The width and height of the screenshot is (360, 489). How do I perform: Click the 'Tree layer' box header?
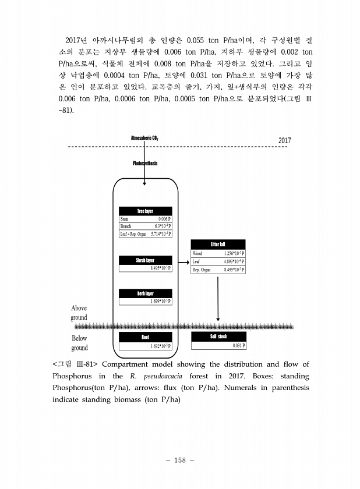pyautogui.click(x=145, y=211)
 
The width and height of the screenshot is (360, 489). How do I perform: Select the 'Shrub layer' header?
pyautogui.click(x=145, y=260)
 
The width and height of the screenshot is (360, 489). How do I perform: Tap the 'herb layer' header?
pyautogui.click(x=145, y=293)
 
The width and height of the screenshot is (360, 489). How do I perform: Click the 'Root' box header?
pyautogui.click(x=145, y=337)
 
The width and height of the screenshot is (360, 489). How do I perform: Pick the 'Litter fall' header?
pyautogui.click(x=218, y=244)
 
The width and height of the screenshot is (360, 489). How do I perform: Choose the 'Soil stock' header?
pyautogui.click(x=218, y=337)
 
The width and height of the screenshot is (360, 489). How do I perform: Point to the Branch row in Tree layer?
pyautogui.click(x=145, y=226)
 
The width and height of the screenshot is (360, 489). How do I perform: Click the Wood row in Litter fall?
pyautogui.click(x=218, y=253)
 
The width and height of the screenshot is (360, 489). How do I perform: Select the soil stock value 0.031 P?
pyautogui.click(x=238, y=345)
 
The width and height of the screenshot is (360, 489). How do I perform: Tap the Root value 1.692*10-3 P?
pyautogui.click(x=160, y=346)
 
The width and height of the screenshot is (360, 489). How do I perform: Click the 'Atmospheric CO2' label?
pyautogui.click(x=144, y=138)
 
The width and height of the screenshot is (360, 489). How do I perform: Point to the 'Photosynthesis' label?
pyautogui.click(x=145, y=163)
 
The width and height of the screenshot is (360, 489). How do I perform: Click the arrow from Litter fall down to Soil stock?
pyautogui.click(x=218, y=297)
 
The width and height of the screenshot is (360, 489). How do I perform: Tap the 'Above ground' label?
pyautogui.click(x=79, y=313)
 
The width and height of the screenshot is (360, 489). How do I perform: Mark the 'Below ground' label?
pyautogui.click(x=79, y=343)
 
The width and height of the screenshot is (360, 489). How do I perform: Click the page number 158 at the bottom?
pyautogui.click(x=179, y=461)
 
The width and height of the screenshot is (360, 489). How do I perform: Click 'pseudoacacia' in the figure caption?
pyautogui.click(x=164, y=375)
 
